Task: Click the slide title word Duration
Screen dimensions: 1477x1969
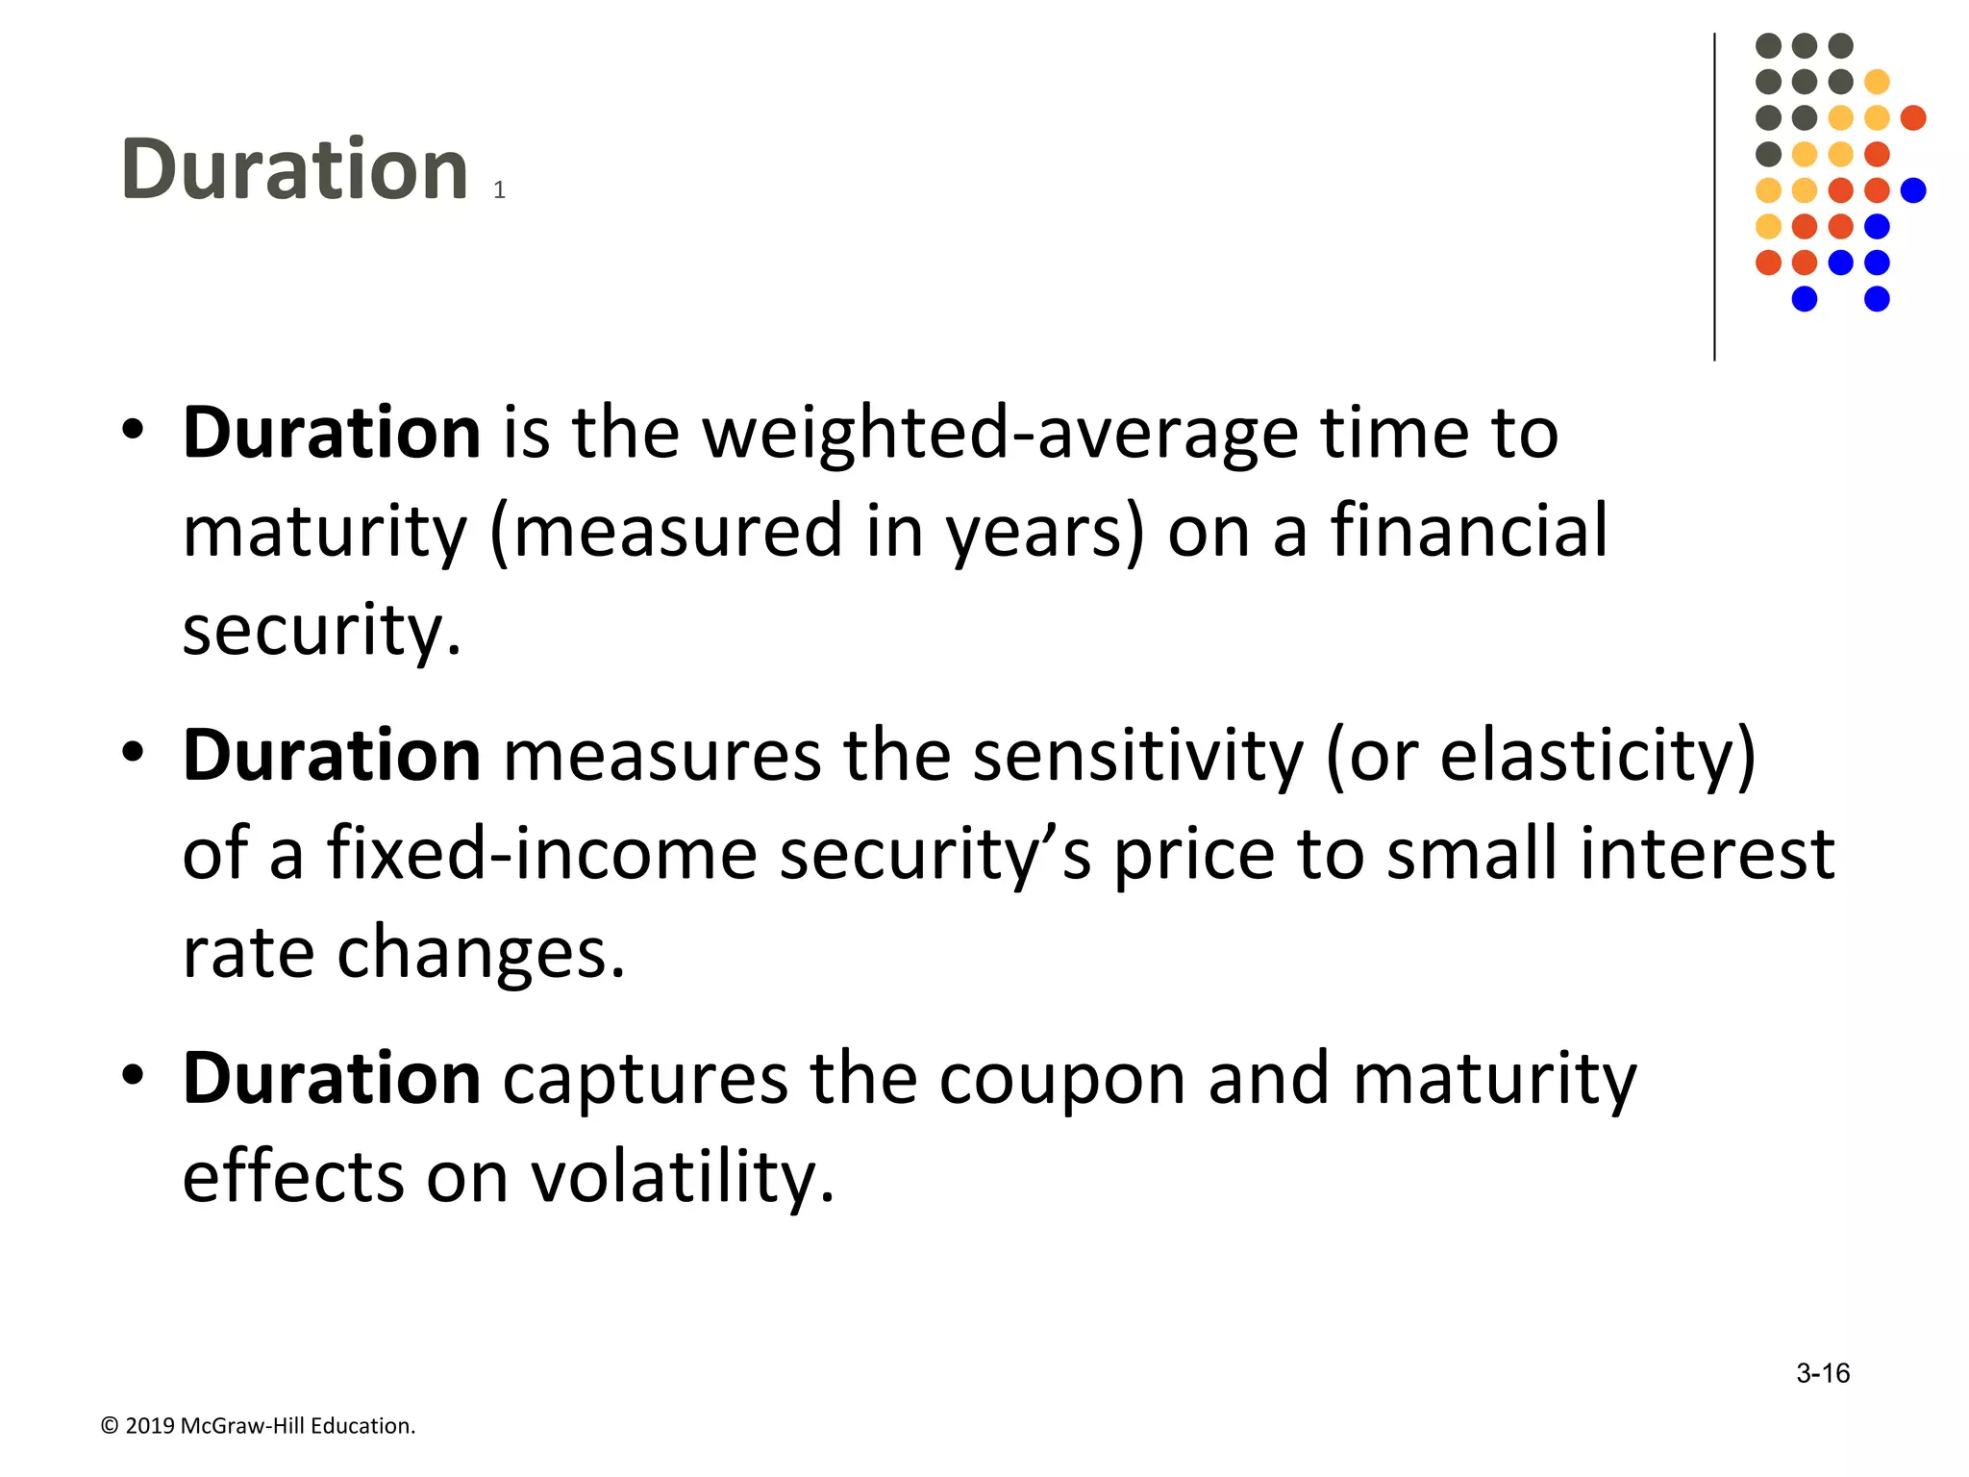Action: click(294, 170)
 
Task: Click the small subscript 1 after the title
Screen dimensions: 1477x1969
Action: click(499, 190)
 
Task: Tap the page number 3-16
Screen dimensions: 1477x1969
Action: click(1822, 1373)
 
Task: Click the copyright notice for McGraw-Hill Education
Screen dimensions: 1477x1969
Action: click(258, 1426)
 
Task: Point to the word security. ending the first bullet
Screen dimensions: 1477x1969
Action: click(322, 631)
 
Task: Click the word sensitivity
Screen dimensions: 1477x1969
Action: click(1137, 756)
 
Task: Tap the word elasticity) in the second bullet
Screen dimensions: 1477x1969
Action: click(1597, 756)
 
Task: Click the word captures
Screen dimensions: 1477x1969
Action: click(645, 1079)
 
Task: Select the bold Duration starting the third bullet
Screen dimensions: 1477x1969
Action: click(332, 1079)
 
